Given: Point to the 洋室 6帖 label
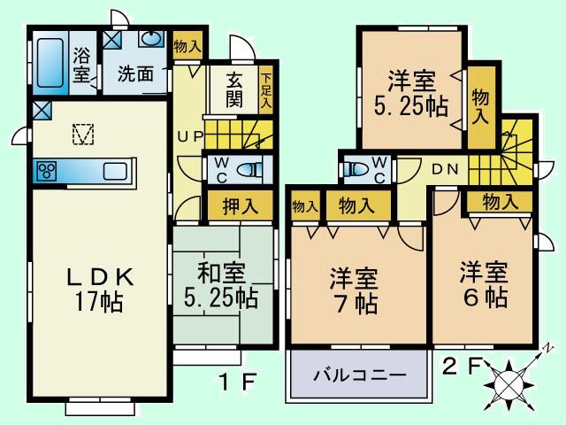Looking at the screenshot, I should pyautogui.click(x=483, y=284).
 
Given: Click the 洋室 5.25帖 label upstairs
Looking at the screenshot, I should pyautogui.click(x=411, y=94).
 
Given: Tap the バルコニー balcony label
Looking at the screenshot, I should pyautogui.click(x=360, y=375).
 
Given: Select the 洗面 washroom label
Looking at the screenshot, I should pyautogui.click(x=135, y=74).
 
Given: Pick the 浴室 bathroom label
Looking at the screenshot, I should pyautogui.click(x=83, y=64).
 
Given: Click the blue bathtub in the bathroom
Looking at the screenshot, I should pyautogui.click(x=50, y=62).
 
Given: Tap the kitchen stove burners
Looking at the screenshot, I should pyautogui.click(x=47, y=170).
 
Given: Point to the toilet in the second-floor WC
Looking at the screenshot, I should pyautogui.click(x=357, y=168).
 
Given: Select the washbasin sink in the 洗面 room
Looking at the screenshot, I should pyautogui.click(x=151, y=41).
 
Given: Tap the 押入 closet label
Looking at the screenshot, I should pyautogui.click(x=240, y=206).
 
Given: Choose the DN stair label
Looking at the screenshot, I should pyautogui.click(x=445, y=168).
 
